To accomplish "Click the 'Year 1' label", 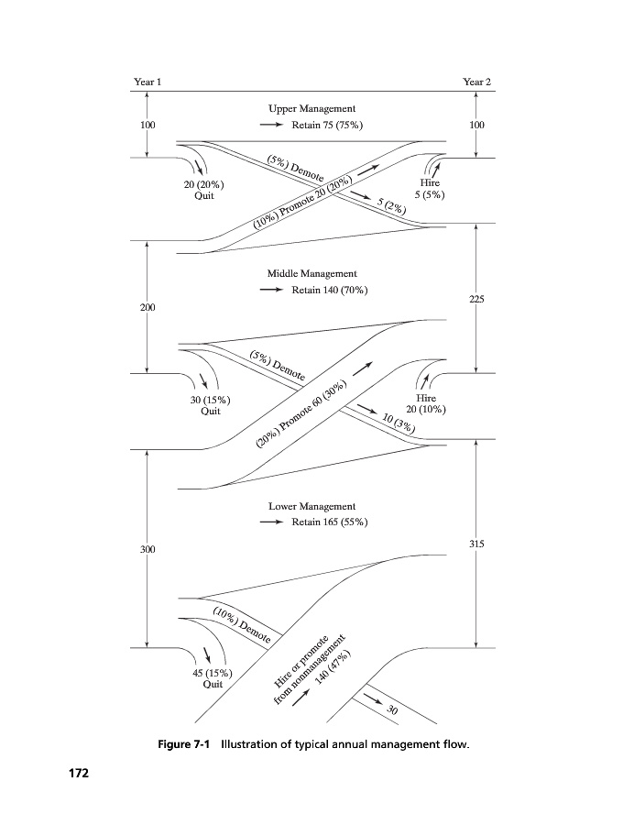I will point(148,82).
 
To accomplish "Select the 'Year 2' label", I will point(477,82).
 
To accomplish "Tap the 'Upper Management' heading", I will point(311,109).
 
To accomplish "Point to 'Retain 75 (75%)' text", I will point(327,125).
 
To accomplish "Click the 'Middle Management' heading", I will point(311,273).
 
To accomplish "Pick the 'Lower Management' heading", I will point(311,506).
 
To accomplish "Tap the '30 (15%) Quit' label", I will point(211,406).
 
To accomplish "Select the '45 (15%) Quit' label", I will point(212,678).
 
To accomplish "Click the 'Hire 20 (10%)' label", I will point(426,404).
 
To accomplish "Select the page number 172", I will point(79,775).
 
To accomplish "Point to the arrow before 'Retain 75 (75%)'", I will point(272,125).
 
